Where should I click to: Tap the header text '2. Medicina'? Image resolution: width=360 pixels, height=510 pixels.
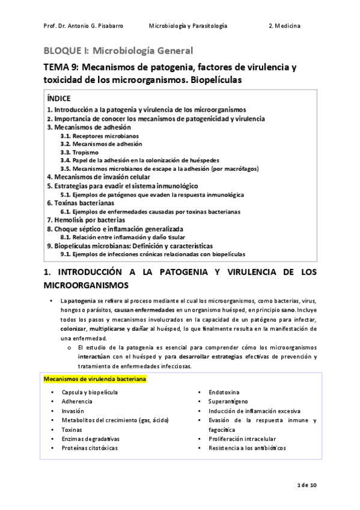[x=285, y=27]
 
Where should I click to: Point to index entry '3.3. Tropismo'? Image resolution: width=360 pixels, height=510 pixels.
[x=82, y=153]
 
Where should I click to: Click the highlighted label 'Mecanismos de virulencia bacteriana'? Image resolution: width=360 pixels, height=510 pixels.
[x=94, y=380]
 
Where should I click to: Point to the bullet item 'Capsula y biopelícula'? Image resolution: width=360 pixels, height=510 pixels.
[x=90, y=392]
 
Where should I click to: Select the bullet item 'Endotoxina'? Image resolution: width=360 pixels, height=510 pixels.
[x=224, y=392]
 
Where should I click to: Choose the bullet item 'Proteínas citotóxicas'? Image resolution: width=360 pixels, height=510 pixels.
[x=90, y=448]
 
